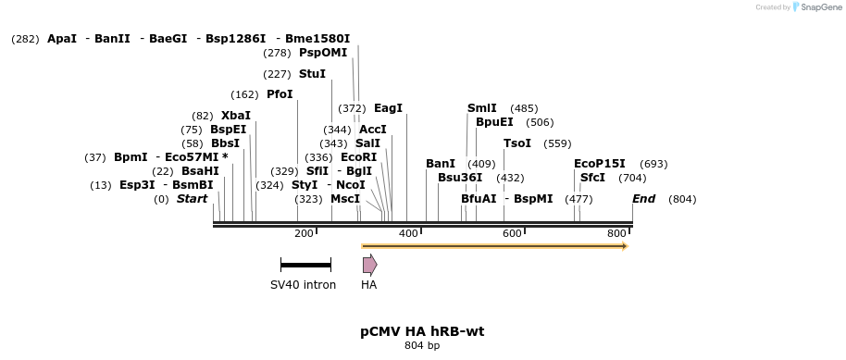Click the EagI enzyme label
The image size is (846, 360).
pyautogui.click(x=389, y=108)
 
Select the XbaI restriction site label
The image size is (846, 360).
pyautogui.click(x=235, y=116)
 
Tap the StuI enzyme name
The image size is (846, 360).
pyautogui.click(x=312, y=74)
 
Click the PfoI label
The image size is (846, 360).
pyautogui.click(x=280, y=94)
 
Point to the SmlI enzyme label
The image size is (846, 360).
pyautogui.click(x=481, y=108)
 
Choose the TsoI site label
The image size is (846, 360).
pyautogui.click(x=517, y=143)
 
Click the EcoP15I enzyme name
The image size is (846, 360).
pyautogui.click(x=599, y=164)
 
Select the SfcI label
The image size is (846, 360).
pyautogui.click(x=592, y=178)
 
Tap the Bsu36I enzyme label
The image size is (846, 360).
pyautogui.click(x=460, y=178)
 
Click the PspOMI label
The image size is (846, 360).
pyautogui.click(x=323, y=53)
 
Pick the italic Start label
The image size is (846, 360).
pyautogui.click(x=192, y=199)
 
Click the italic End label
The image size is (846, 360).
pyautogui.click(x=643, y=199)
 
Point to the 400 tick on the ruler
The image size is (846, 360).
pyautogui.click(x=408, y=233)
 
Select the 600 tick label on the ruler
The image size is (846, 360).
pyautogui.click(x=512, y=233)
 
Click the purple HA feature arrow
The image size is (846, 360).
pyautogui.click(x=369, y=265)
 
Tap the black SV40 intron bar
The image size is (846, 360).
pyautogui.click(x=305, y=265)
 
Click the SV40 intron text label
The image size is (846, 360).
pyautogui.click(x=303, y=285)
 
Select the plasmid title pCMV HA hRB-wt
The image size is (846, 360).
pyautogui.click(x=422, y=331)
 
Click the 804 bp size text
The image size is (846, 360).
pyautogui.click(x=422, y=346)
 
